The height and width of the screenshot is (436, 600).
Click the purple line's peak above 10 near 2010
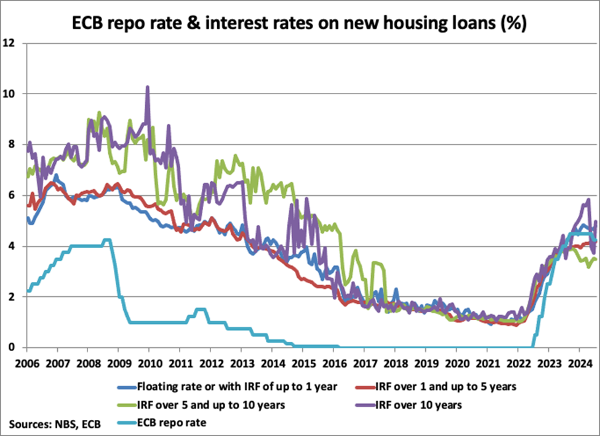click(148, 87)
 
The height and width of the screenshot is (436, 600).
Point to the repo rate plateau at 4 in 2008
click(86, 246)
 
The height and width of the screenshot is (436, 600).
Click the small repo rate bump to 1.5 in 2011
click(200, 309)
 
